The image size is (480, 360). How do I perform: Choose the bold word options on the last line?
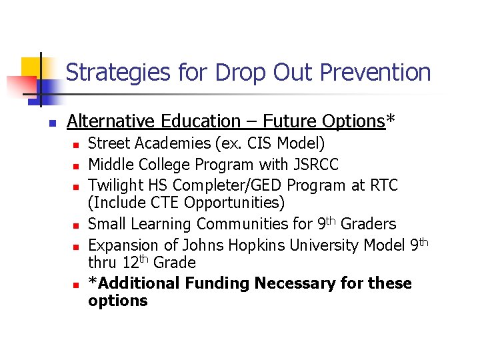coord(117,301)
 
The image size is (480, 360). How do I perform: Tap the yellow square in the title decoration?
coord(31,67)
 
